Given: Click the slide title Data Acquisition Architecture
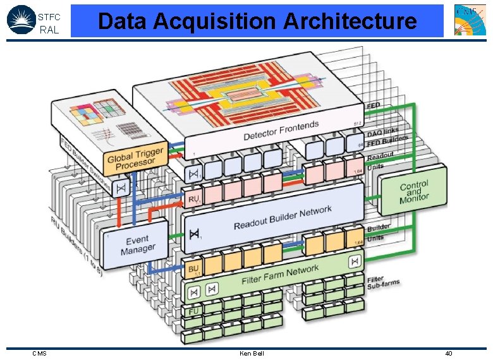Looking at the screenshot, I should (257, 21).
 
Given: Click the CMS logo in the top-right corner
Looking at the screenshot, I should (470, 20).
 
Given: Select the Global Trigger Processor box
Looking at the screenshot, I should (135, 157).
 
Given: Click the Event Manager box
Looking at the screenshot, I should (137, 244).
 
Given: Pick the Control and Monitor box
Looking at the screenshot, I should (413, 193).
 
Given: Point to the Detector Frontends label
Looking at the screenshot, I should (281, 131).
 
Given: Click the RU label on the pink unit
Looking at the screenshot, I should (193, 200).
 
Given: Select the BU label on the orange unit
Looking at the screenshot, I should (193, 270).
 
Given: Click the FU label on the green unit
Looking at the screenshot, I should (193, 310).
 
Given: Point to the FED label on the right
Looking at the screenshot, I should (374, 105).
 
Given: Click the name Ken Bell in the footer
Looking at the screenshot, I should (252, 353).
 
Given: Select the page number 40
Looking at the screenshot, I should (448, 353).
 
